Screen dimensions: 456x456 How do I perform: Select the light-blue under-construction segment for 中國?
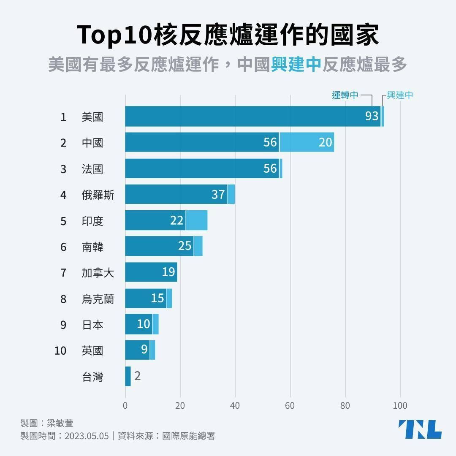tap(306, 142)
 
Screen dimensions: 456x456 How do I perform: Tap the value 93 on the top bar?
tap(372, 116)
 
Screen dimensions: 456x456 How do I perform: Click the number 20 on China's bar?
tap(325, 142)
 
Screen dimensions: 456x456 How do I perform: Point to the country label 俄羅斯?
tap(98, 195)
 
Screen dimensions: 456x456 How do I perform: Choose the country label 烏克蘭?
tap(98, 299)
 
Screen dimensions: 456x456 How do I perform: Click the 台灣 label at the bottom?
tap(92, 377)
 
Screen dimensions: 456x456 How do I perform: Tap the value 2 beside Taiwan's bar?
tap(137, 376)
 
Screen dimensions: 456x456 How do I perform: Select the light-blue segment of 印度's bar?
tap(196, 220)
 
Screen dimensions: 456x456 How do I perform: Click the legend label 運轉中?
tap(345, 95)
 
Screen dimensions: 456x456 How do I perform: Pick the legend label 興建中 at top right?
tap(400, 95)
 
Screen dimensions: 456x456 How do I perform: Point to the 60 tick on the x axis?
tap(290, 406)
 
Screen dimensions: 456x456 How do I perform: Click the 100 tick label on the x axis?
tap(400, 406)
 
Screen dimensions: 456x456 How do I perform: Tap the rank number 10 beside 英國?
tap(60, 351)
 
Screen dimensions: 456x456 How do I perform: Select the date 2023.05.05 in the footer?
tap(87, 436)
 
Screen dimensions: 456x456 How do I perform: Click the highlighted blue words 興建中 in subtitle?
tap(296, 65)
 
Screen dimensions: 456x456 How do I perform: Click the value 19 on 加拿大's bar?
tap(168, 272)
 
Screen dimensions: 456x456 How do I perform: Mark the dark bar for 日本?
tap(138, 324)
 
